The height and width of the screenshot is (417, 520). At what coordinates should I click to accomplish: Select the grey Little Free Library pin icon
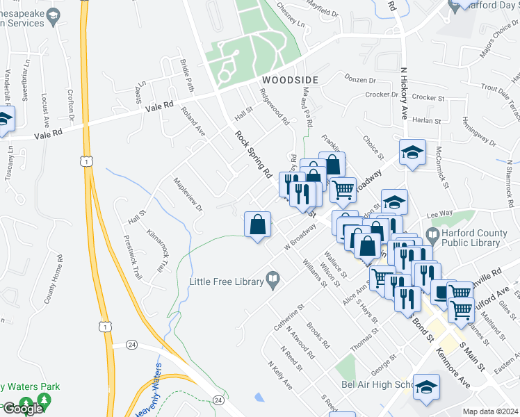(x=274, y=281)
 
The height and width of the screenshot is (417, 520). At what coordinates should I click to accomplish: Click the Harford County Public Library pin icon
(x=432, y=234)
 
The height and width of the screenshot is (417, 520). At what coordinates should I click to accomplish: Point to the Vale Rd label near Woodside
(x=159, y=107)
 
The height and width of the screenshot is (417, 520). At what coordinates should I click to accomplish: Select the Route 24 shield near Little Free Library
(x=132, y=344)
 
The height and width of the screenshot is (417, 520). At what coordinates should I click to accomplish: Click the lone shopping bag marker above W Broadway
(x=257, y=224)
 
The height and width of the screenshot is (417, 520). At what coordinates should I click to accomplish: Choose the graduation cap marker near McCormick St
(x=412, y=153)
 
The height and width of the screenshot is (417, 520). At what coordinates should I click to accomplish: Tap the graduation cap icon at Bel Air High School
(x=426, y=386)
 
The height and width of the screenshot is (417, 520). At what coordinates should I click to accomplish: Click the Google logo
(x=22, y=409)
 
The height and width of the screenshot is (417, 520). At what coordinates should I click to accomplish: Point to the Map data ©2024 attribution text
(x=490, y=411)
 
